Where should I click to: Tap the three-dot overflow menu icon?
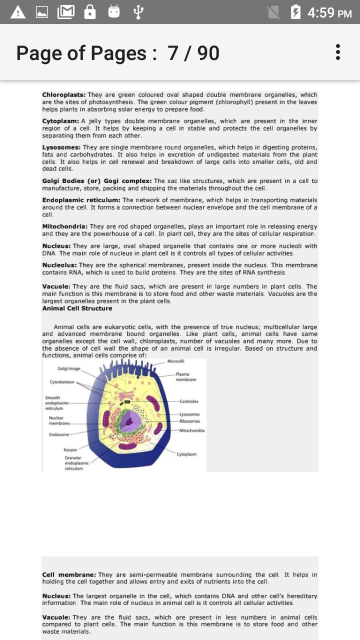pyautogui.click(x=338, y=52)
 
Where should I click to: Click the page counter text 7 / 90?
pyautogui.click(x=193, y=53)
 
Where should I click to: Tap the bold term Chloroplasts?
pyautogui.click(x=64, y=94)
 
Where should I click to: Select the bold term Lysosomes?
pyautogui.click(x=61, y=147)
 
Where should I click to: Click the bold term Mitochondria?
pyautogui.click(x=65, y=226)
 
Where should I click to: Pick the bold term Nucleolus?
pyautogui.click(x=59, y=265)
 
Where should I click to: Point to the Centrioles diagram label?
pyautogui.click(x=188, y=401)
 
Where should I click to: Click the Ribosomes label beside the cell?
pyautogui.click(x=189, y=421)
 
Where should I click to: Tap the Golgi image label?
pyautogui.click(x=68, y=368)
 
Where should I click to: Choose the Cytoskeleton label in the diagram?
pyautogui.click(x=61, y=382)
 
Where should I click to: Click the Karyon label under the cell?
pyautogui.click(x=70, y=449)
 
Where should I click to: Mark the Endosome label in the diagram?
pyautogui.click(x=59, y=434)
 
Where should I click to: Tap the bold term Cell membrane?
pyautogui.click(x=69, y=575)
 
